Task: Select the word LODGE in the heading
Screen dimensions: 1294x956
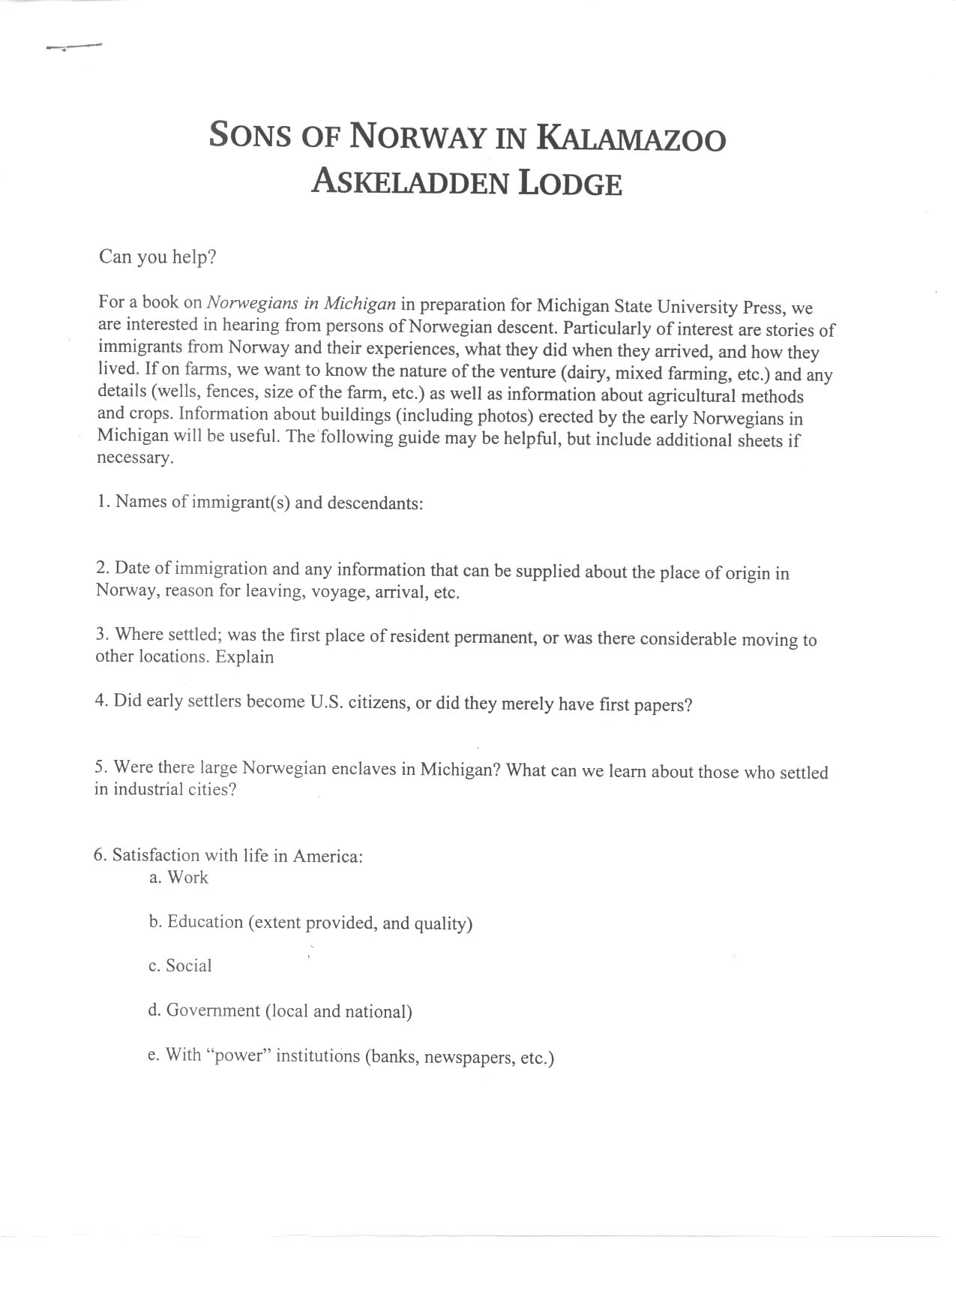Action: click(571, 184)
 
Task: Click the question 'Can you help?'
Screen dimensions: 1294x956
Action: click(157, 257)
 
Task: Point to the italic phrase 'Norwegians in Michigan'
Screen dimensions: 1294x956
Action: click(301, 304)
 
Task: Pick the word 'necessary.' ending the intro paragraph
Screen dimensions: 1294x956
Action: click(135, 458)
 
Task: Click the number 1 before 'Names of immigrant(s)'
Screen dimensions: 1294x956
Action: click(101, 501)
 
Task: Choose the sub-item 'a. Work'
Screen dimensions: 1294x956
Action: click(178, 878)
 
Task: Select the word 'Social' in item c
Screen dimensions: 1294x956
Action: click(189, 966)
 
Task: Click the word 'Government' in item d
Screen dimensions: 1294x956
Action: click(213, 1010)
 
